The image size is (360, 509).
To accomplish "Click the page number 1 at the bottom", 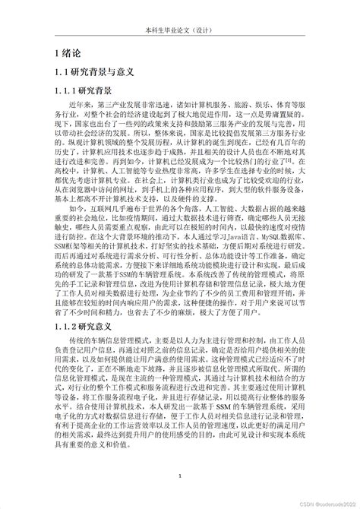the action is [179, 477].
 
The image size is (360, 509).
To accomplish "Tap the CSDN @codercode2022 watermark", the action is [322, 501].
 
